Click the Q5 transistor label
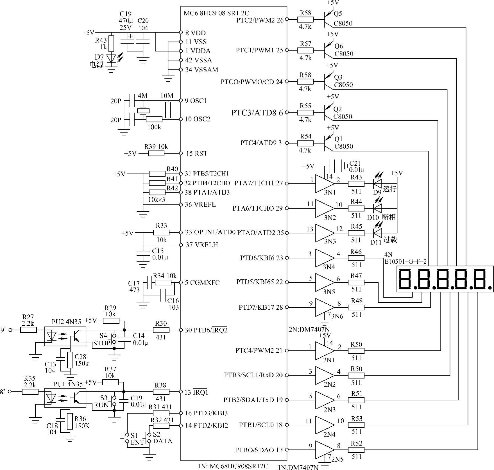(338, 13)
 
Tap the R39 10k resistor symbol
(156, 153)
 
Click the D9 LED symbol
(377, 184)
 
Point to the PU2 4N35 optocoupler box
(65, 336)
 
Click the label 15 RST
(197, 153)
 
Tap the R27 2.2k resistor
(28, 330)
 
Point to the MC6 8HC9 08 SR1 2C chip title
(216, 13)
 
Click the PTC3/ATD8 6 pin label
(257, 113)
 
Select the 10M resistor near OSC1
(168, 110)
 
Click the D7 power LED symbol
(112, 58)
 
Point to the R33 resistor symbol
(161, 232)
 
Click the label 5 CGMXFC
(202, 282)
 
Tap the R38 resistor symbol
(161, 392)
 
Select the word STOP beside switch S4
(101, 343)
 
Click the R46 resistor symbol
(356, 258)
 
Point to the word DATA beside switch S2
(162, 441)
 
